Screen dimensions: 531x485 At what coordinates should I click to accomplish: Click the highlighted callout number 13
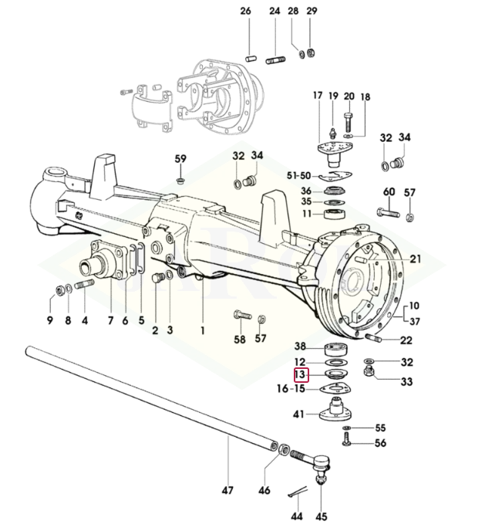301,376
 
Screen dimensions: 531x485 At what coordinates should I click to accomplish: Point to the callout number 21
416,259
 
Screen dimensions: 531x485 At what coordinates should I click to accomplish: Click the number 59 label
180,159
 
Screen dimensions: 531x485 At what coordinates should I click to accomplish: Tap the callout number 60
389,192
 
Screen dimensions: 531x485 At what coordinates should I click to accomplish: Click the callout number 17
317,96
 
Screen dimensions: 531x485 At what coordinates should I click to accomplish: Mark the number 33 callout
406,381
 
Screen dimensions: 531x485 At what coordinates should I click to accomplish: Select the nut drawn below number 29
312,54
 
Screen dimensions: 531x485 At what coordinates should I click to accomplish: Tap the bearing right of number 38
337,347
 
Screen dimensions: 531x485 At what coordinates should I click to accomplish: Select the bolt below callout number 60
387,211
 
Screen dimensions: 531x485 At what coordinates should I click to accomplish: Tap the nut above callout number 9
59,290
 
